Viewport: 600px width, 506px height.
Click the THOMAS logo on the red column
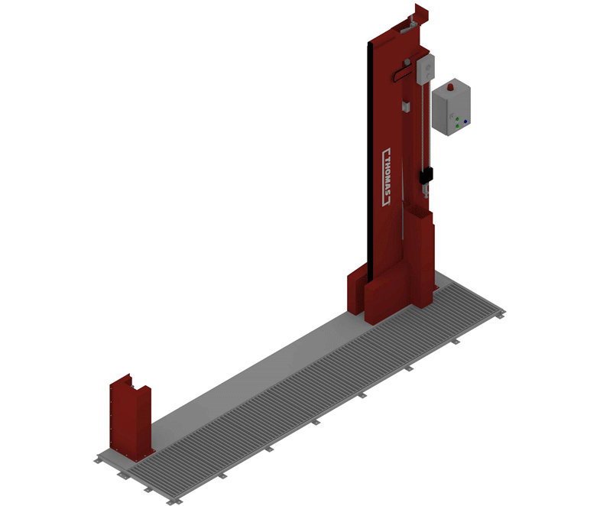388,177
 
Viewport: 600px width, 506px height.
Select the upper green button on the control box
457,119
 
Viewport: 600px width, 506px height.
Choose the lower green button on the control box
457,126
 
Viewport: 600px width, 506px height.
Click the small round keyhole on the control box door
452,115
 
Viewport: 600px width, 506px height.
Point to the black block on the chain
426,176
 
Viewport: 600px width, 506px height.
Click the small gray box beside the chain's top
426,70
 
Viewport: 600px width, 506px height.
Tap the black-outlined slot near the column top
402,73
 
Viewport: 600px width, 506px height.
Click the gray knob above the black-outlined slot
407,62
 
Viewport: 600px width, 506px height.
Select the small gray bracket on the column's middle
406,106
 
